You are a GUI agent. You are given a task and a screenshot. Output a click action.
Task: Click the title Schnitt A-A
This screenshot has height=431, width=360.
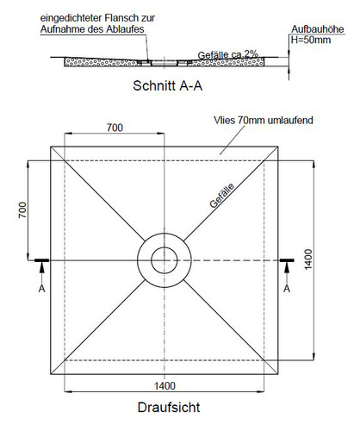[168, 85]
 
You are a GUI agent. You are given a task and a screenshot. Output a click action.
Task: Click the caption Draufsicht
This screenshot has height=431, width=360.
[169, 408]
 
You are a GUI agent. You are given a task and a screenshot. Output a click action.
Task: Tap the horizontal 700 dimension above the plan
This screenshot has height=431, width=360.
[115, 128]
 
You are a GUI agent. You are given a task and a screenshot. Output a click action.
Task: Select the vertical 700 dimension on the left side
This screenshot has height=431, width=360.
[22, 210]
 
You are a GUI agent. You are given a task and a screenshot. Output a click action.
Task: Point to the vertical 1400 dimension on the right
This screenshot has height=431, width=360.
[308, 259]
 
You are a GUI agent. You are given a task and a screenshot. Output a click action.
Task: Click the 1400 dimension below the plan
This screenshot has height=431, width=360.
[164, 386]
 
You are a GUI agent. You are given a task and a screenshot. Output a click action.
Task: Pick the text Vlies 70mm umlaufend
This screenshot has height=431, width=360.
[264, 120]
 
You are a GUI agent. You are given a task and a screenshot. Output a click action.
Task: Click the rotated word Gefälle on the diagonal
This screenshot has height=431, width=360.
[222, 196]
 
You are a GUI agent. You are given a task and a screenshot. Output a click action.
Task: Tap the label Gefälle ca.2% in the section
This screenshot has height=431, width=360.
[228, 54]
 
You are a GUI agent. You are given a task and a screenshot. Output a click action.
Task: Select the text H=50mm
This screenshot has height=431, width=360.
[311, 40]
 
